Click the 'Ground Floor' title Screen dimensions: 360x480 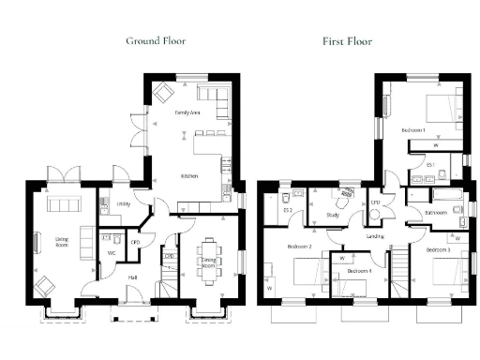156,41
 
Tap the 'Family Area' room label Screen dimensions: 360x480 188,112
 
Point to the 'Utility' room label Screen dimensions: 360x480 123,203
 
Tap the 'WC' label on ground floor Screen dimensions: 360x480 111,253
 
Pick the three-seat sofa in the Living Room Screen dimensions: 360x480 65,206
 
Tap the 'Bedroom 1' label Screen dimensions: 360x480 412,128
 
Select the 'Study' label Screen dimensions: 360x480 333,215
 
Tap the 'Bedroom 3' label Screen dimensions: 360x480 438,250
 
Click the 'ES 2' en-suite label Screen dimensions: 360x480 288,211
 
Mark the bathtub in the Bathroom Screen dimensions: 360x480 441,196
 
